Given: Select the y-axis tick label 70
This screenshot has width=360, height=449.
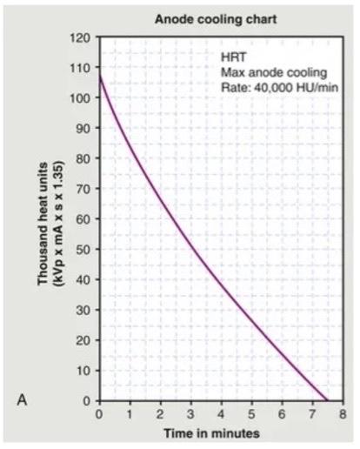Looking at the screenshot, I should [x=85, y=190].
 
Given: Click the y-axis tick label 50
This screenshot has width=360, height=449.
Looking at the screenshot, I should [x=85, y=250].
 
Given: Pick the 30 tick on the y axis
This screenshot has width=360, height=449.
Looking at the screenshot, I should [x=85, y=311].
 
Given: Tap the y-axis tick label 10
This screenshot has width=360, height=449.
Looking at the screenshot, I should [x=85, y=371].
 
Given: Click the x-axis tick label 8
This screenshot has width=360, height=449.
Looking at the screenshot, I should [x=344, y=413].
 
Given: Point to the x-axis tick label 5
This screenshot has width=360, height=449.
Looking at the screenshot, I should [x=252, y=413].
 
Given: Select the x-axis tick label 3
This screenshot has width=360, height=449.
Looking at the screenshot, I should [x=191, y=413].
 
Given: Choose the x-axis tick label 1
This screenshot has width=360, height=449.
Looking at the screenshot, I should [x=130, y=413].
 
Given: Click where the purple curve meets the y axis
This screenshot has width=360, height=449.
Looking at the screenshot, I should [x=100, y=77].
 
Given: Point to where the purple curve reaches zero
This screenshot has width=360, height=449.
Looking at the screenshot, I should [x=327, y=400].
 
